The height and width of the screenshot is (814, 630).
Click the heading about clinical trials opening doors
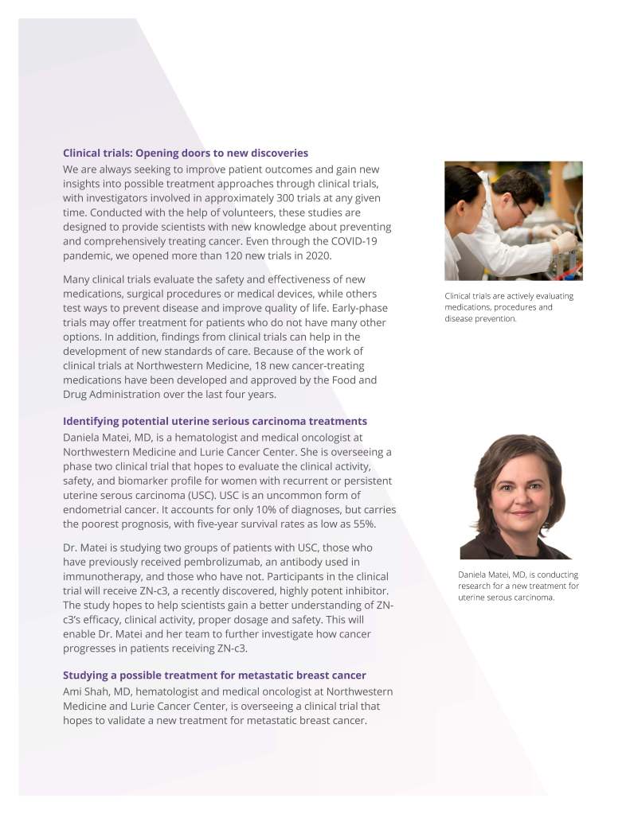[x=186, y=153]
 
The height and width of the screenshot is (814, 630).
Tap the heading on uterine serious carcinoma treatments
[x=215, y=421]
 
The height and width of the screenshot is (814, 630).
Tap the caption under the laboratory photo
[x=509, y=307]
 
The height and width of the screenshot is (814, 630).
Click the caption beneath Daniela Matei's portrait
[x=518, y=586]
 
